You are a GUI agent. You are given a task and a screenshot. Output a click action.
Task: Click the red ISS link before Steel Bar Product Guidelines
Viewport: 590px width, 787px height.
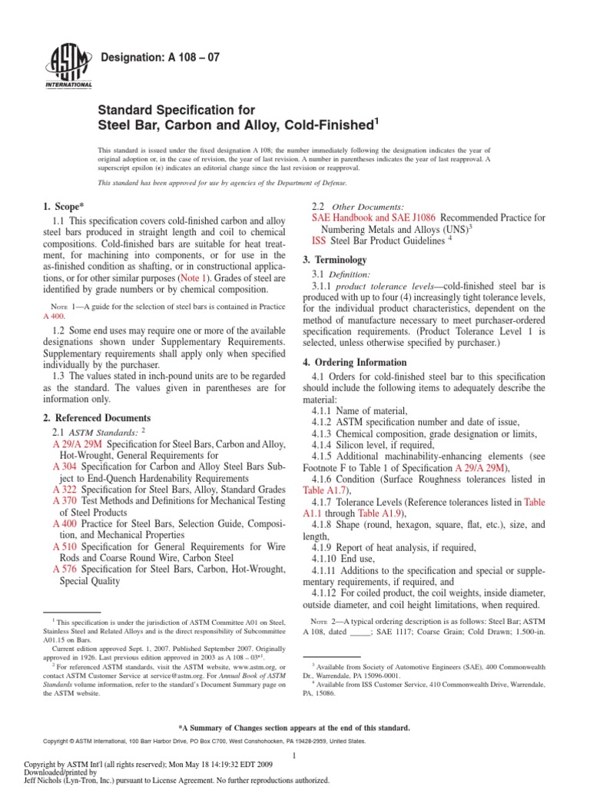coord(319,241)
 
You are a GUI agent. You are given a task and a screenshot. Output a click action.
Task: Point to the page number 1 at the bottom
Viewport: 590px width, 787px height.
coord(294,757)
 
